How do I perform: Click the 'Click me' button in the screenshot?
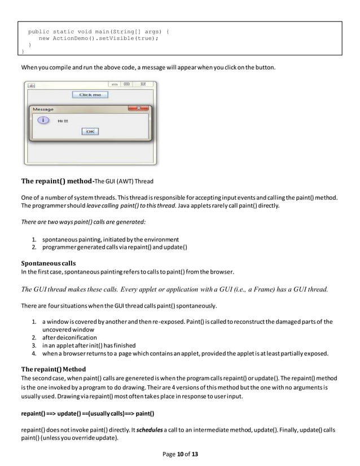(x=90, y=95)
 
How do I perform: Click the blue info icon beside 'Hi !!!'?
(x=41, y=120)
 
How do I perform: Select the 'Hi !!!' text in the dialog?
(x=63, y=121)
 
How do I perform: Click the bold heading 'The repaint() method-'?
(x=56, y=182)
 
